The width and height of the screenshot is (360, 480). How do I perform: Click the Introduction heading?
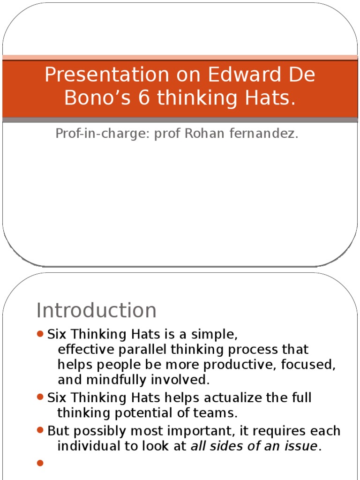[x=97, y=310]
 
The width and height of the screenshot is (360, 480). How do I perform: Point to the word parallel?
[x=144, y=350]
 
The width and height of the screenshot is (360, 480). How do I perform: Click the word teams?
[x=220, y=413]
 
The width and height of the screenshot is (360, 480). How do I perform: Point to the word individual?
[x=88, y=446]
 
